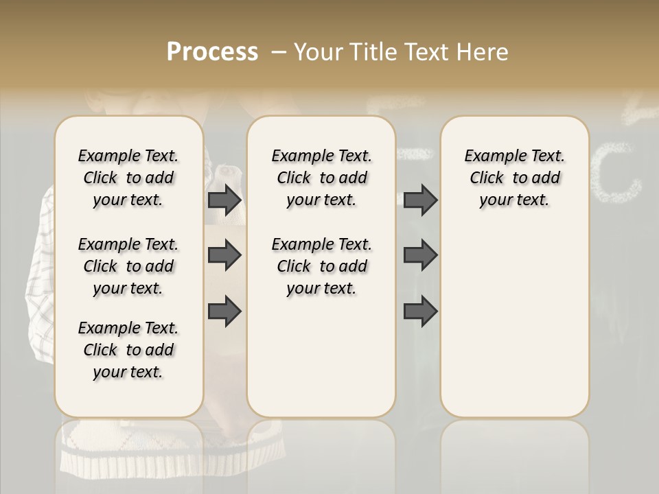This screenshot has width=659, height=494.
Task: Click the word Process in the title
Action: [212, 52]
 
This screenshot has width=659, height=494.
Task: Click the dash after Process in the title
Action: [278, 53]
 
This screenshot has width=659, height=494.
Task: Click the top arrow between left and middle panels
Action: [224, 200]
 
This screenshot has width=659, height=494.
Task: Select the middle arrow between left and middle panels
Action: [224, 255]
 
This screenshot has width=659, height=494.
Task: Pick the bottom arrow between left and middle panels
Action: [224, 311]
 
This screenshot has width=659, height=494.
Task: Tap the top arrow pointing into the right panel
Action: [420, 200]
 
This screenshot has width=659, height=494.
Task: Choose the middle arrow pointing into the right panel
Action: [420, 255]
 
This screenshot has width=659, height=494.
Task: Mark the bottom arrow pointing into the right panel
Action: [420, 311]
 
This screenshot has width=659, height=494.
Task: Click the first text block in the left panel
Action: [128, 178]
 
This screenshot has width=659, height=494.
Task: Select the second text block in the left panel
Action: [128, 266]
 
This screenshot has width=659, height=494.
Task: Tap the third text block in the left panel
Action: [128, 350]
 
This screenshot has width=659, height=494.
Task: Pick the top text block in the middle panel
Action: [321, 178]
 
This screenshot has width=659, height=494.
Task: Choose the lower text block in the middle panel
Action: [321, 266]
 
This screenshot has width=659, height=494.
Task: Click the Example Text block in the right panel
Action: [514, 178]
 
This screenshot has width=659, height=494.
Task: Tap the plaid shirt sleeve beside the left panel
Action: [40, 274]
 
